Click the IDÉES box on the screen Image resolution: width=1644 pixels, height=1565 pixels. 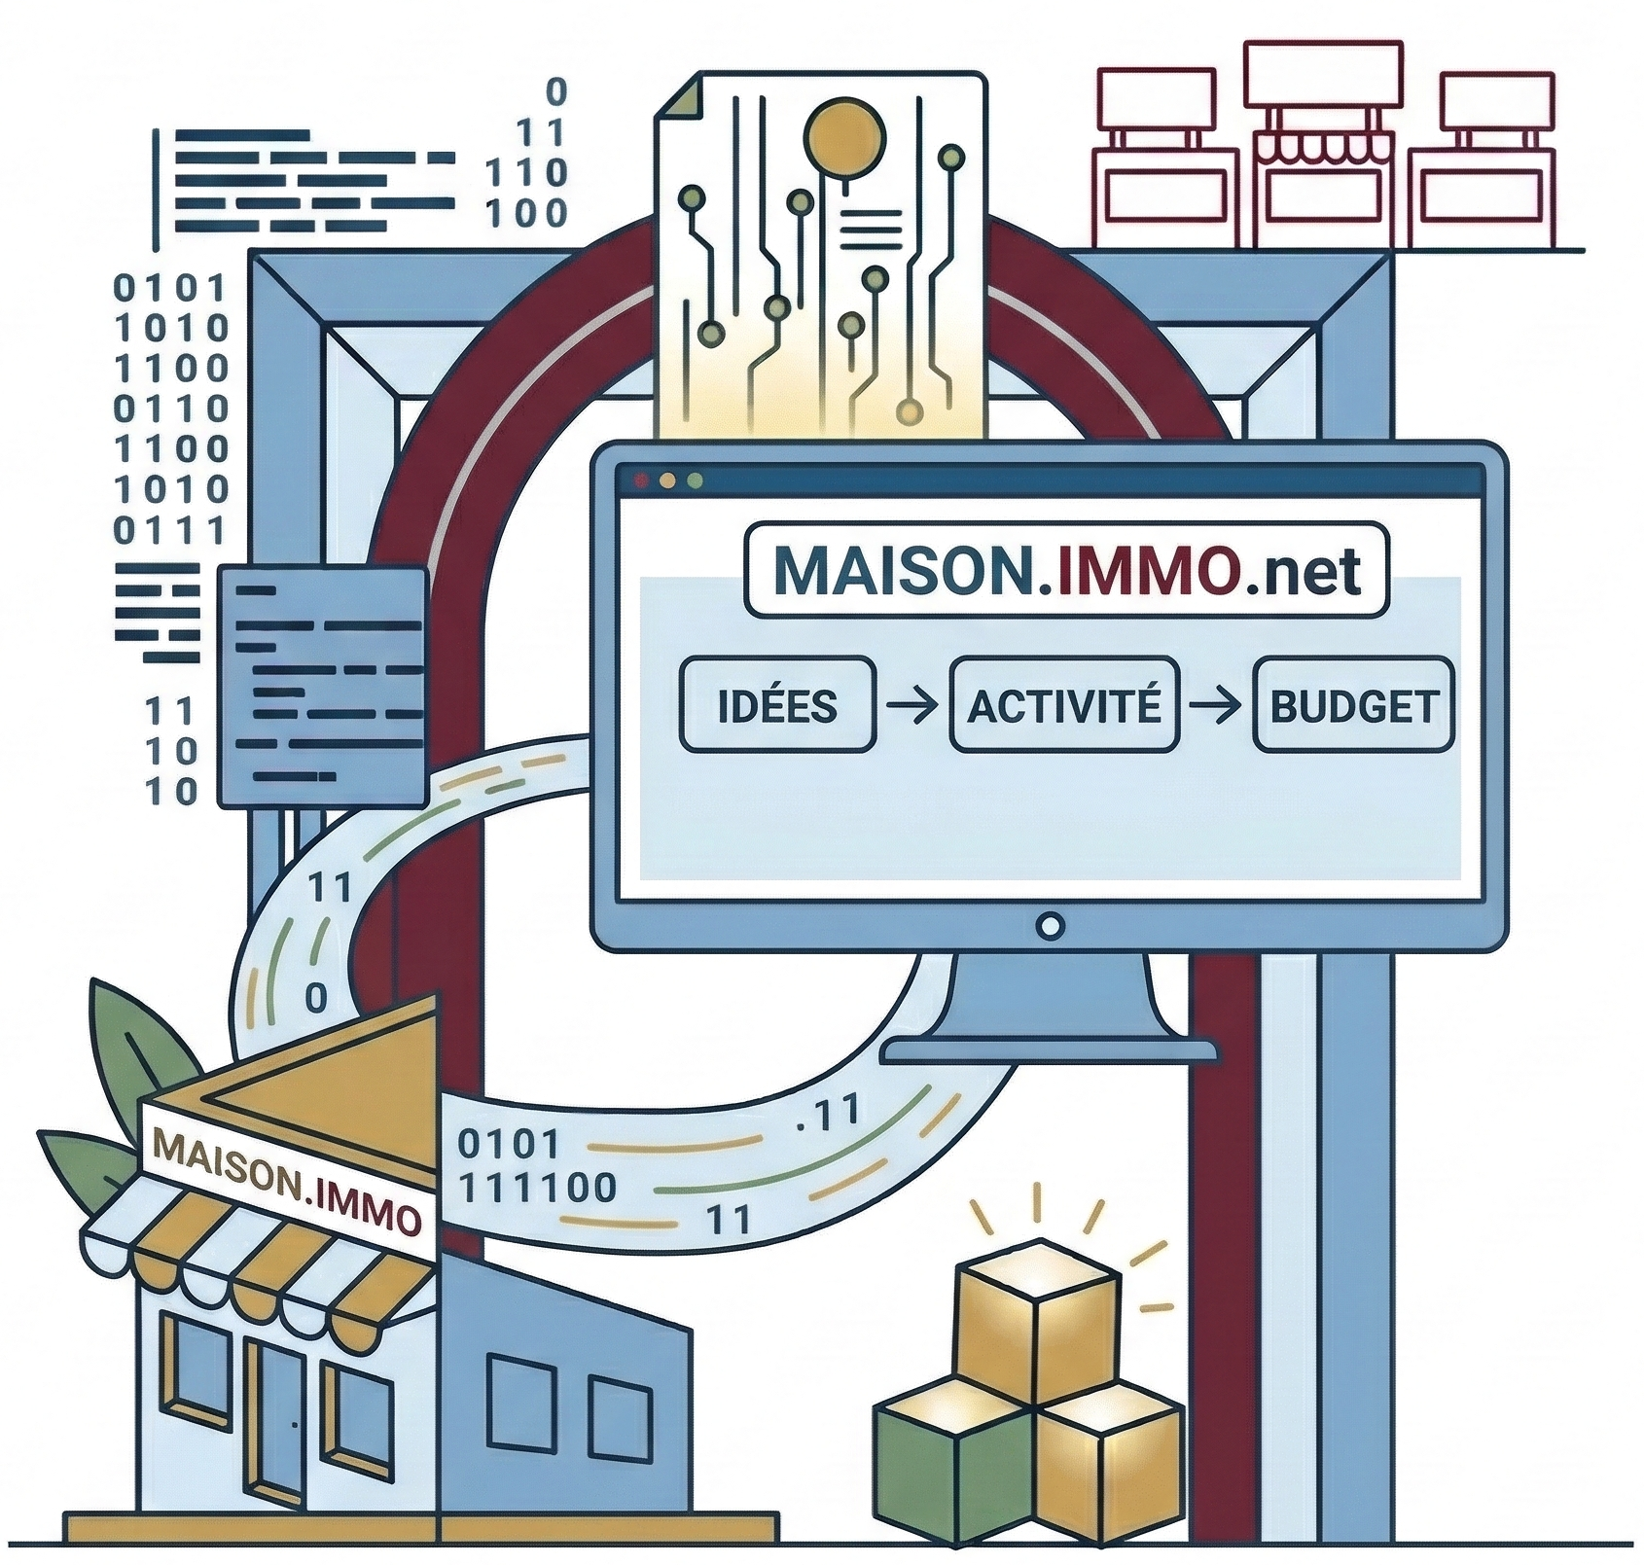coord(777,705)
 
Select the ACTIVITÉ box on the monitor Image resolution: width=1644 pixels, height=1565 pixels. coord(1064,705)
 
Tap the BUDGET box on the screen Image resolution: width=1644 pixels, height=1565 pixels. coord(1354,705)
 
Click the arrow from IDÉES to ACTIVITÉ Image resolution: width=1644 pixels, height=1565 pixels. coord(912,704)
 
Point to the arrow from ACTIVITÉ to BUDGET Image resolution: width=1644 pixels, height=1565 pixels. coord(1216,704)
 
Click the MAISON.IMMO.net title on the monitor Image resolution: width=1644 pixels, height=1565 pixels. coord(1066,571)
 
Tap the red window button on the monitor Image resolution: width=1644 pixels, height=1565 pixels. coord(640,480)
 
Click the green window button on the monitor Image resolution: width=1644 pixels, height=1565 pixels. coord(695,480)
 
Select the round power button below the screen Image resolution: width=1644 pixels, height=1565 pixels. coord(1051,925)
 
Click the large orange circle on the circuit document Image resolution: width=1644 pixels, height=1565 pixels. coord(845,135)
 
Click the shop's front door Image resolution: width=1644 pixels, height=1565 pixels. coord(277,1420)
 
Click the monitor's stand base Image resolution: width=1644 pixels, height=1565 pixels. coord(1049,1050)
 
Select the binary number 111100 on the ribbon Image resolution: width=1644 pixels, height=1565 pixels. coord(537,1187)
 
